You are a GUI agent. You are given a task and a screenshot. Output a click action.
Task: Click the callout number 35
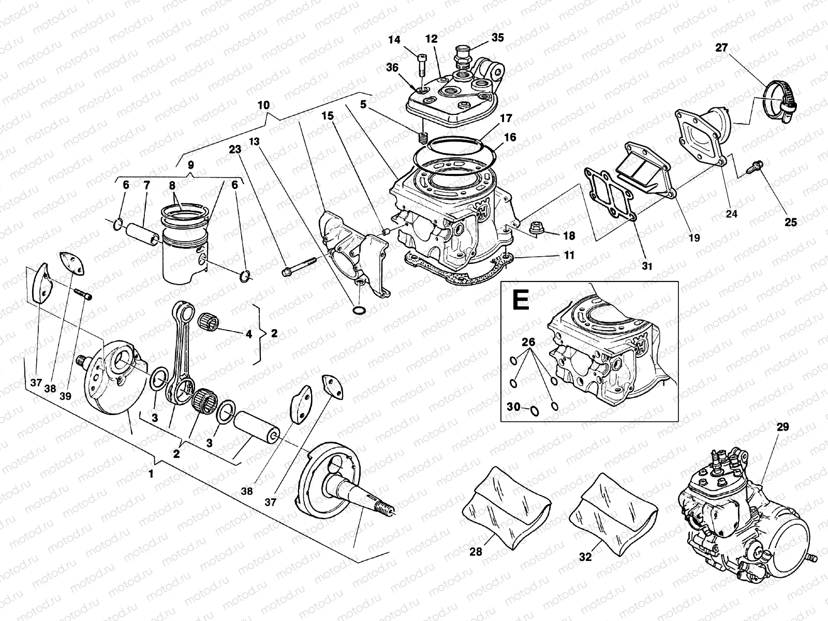pyautogui.click(x=497, y=38)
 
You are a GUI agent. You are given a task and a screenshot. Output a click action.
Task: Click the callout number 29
pyautogui.click(x=782, y=427)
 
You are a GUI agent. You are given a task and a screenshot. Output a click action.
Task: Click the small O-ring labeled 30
pyautogui.click(x=534, y=411)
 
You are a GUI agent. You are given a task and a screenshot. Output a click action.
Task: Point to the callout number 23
pyautogui.click(x=235, y=149)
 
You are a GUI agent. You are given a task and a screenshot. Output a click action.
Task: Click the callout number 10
pyautogui.click(x=263, y=105)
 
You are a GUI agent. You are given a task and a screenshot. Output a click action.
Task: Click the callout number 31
pyautogui.click(x=647, y=266)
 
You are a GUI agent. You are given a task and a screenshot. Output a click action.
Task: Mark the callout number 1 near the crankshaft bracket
pyautogui.click(x=151, y=474)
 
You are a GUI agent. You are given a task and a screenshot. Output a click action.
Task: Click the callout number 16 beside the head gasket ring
pyautogui.click(x=510, y=138)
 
